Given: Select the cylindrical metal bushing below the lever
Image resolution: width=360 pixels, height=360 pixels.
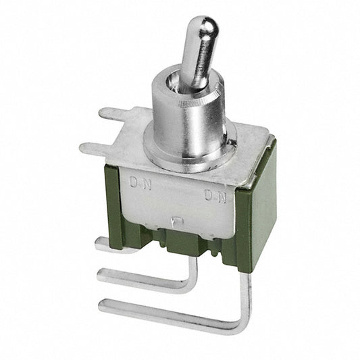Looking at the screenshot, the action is pyautogui.click(x=188, y=115).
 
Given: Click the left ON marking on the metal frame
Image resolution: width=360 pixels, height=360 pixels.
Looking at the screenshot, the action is pyautogui.click(x=140, y=183).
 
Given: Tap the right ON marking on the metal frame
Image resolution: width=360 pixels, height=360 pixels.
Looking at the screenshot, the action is pyautogui.click(x=216, y=195).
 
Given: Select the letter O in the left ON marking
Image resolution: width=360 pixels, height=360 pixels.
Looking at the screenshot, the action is pyautogui.click(x=134, y=182).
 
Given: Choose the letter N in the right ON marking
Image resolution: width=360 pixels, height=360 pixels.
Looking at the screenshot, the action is pyautogui.click(x=222, y=197).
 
